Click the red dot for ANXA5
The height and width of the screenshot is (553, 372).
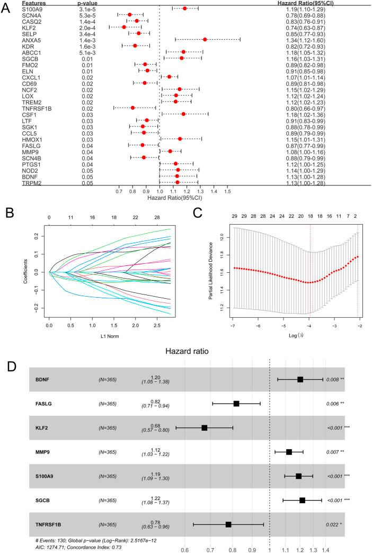(x=205, y=40)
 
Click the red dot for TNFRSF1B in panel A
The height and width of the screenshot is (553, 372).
(x=132, y=108)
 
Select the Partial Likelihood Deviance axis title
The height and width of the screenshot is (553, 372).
(x=211, y=268)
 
